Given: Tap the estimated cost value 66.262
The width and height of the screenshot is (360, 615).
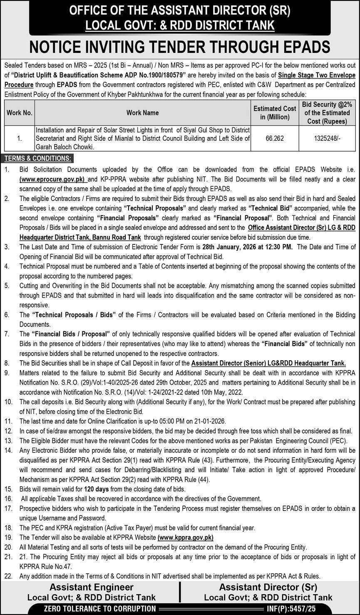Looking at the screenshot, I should [275, 138].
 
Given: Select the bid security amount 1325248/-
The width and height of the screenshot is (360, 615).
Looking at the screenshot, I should [327, 138].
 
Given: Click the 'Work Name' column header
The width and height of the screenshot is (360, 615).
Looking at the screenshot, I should [142, 113].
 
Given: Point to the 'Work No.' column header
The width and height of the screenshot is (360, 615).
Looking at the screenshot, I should [19, 113].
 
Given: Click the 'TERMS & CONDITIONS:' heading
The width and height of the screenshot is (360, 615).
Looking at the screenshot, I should [38, 158].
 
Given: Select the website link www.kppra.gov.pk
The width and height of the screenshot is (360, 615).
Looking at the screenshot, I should [186, 538].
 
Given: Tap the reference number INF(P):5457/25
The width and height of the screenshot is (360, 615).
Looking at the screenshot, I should [291, 609].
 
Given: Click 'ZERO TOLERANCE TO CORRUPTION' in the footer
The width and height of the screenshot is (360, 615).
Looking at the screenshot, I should [100, 609].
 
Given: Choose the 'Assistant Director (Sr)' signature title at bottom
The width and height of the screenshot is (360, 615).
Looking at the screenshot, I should [268, 588].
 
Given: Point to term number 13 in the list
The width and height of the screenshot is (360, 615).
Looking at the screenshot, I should [7, 441].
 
